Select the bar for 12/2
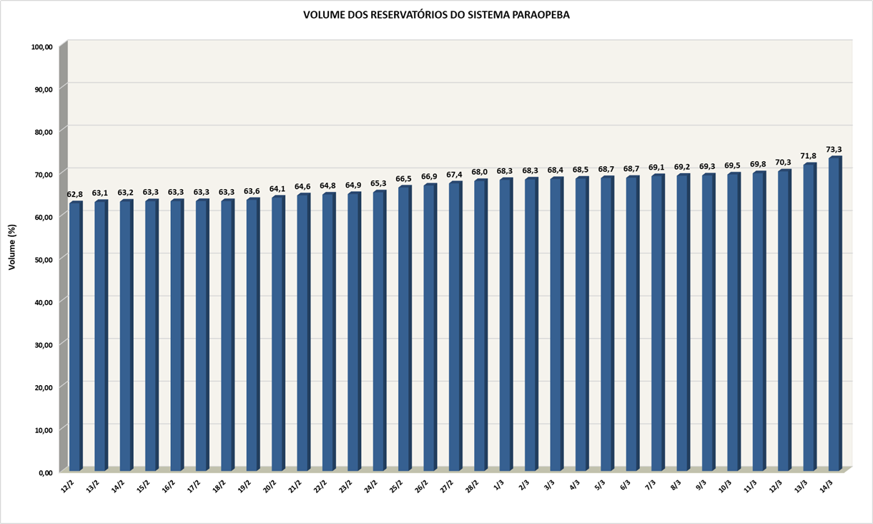point(75,336)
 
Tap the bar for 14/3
point(834,315)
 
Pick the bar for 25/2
point(404,329)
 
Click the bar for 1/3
point(505,326)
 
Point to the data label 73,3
point(834,150)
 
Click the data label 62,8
point(75,195)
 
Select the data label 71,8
point(809,156)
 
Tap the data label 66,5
point(404,179)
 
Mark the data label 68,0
point(480,173)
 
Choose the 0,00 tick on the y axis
point(45,472)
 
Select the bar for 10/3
point(733,322)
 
